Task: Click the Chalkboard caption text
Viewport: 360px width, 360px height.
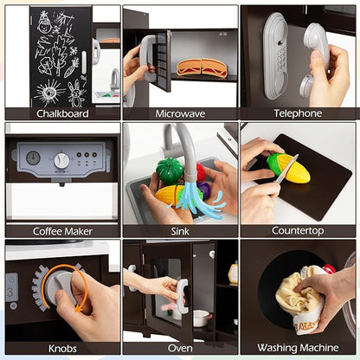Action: [62, 113]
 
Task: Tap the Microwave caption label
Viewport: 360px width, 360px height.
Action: [180, 113]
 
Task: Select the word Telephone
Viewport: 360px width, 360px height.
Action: [298, 113]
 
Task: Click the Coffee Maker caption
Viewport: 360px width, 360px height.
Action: [62, 231]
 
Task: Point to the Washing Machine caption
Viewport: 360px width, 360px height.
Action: [298, 348]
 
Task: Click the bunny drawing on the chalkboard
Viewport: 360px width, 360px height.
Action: [75, 93]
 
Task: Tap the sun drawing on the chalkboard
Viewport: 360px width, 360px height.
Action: [49, 93]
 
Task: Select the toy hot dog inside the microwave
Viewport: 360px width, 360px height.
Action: [202, 68]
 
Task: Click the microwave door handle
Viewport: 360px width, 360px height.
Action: [146, 57]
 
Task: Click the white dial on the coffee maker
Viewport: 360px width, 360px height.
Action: [61, 161]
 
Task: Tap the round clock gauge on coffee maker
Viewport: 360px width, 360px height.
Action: [33, 157]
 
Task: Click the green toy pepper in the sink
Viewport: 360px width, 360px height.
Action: [170, 170]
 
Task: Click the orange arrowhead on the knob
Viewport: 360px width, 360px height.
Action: [80, 309]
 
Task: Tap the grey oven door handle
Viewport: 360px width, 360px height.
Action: [182, 296]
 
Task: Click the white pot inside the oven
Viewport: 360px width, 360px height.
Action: [201, 318]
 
